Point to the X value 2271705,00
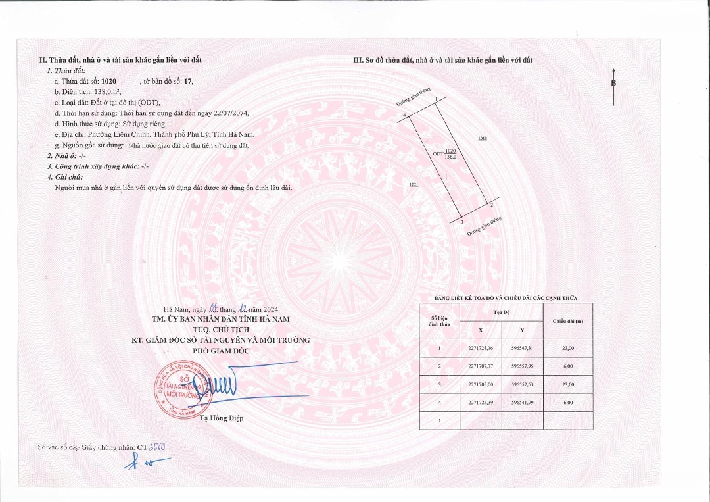(479, 384)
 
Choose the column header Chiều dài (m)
(568, 321)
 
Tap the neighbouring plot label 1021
(414, 185)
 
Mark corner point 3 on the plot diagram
(462, 222)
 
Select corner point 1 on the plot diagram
(435, 99)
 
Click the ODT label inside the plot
(437, 153)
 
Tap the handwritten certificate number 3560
(156, 447)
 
